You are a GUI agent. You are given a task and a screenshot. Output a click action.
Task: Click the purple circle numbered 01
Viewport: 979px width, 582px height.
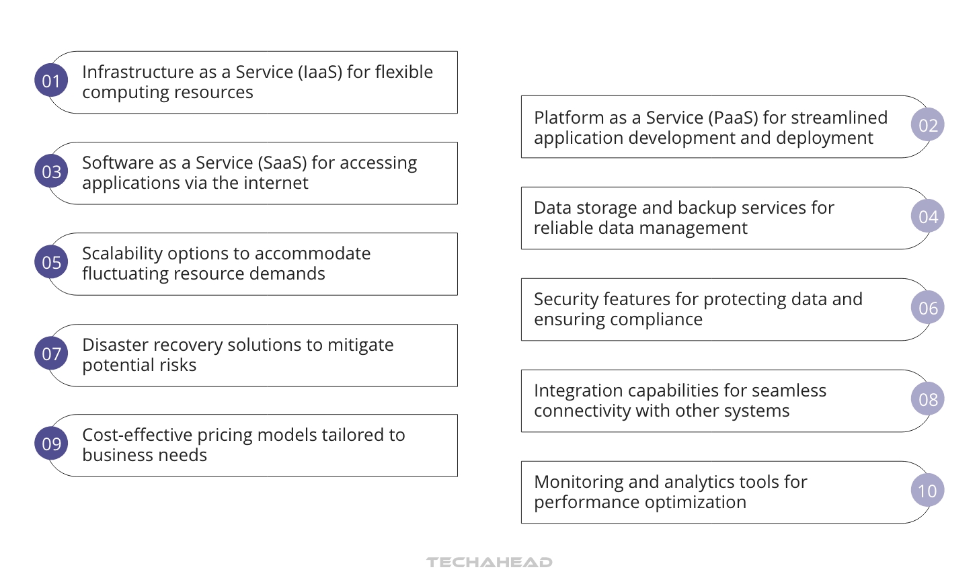point(51,81)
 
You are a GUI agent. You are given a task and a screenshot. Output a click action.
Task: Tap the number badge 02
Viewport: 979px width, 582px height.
point(927,125)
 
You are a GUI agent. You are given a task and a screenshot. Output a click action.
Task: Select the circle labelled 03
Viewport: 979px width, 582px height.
point(51,171)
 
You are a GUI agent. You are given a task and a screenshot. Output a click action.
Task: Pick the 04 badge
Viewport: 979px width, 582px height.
point(927,216)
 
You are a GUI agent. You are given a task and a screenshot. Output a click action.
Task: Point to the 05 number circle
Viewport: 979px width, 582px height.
point(51,262)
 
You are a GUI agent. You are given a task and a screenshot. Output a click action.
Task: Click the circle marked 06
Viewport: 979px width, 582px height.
point(927,308)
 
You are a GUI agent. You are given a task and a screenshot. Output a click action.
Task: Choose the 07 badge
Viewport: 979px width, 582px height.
point(51,354)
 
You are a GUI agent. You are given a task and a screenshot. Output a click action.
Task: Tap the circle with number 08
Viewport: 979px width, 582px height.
point(927,399)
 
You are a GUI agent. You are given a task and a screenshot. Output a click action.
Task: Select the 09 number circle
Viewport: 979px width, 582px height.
point(51,444)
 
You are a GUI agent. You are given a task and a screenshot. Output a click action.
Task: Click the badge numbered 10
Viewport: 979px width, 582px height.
point(927,491)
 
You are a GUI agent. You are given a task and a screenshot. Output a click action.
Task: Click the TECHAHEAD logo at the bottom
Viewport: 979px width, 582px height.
point(490,563)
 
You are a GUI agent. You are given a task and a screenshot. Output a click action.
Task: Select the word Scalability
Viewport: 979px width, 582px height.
point(122,254)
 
